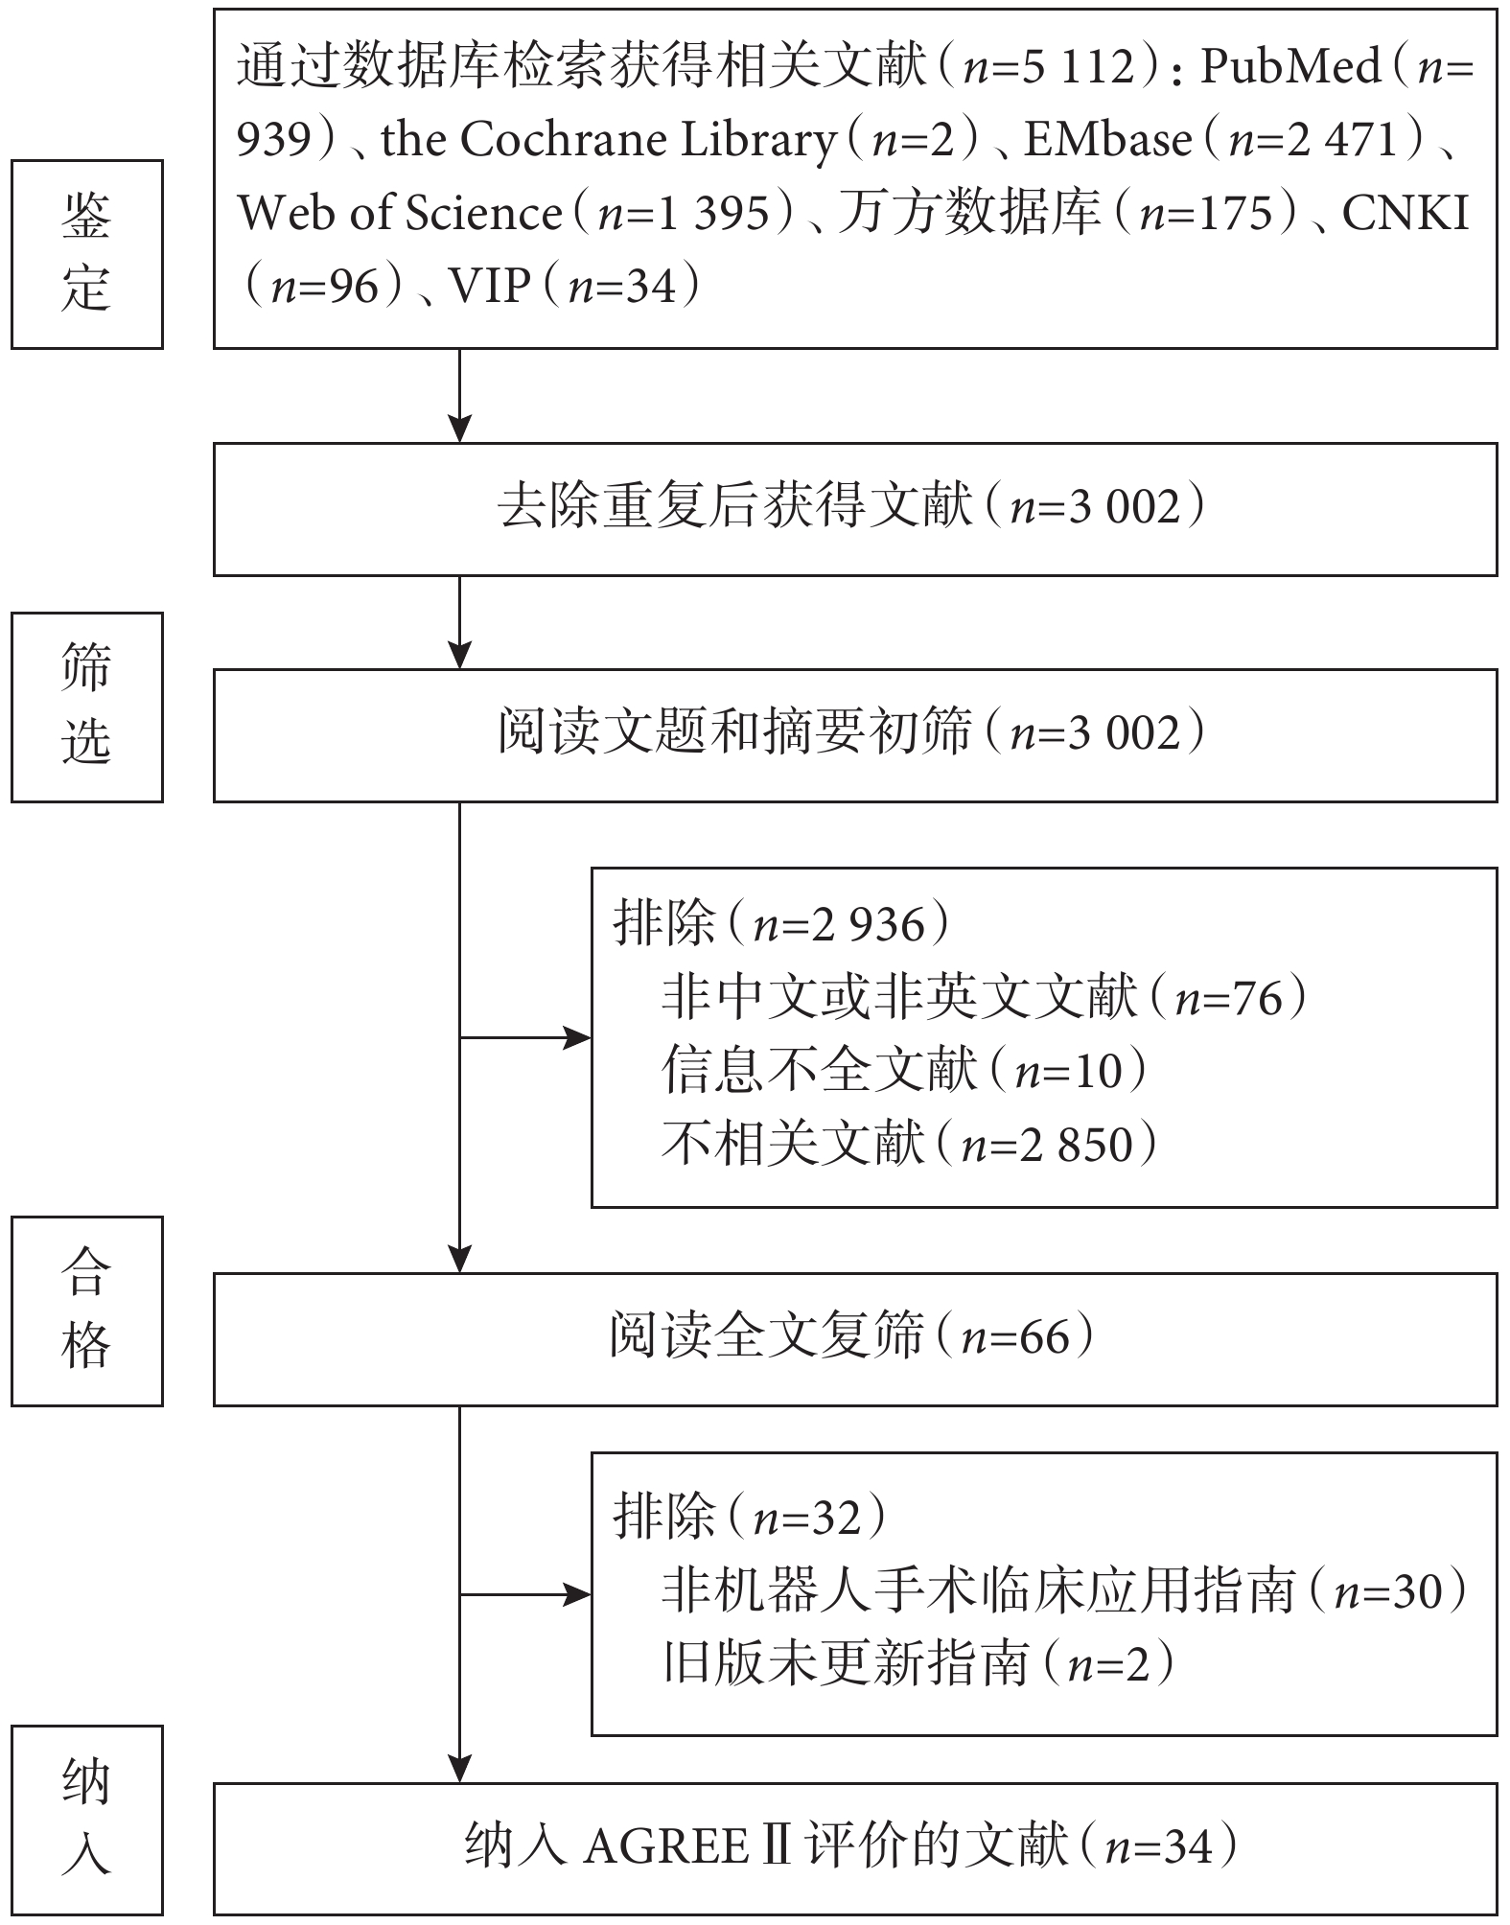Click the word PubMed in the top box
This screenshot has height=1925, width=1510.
1290,67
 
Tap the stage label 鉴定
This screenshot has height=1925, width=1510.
86,254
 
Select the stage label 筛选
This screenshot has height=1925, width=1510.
86,707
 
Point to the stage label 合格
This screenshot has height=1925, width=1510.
86,1310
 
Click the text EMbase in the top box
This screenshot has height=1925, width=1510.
1107,140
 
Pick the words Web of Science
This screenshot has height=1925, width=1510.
400,213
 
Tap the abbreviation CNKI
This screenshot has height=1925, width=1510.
1405,213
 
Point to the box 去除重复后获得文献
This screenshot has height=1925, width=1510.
854,509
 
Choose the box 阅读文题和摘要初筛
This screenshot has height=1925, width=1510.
854,735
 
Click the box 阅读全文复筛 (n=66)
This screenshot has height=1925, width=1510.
854,1339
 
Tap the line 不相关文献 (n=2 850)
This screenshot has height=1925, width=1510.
909,1144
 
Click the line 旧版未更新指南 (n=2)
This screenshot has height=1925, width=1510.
918,1663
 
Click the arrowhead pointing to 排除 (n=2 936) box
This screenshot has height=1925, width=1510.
577,1037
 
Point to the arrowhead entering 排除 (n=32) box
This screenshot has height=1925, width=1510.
577,1595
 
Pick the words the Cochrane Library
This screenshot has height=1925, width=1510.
609,140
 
